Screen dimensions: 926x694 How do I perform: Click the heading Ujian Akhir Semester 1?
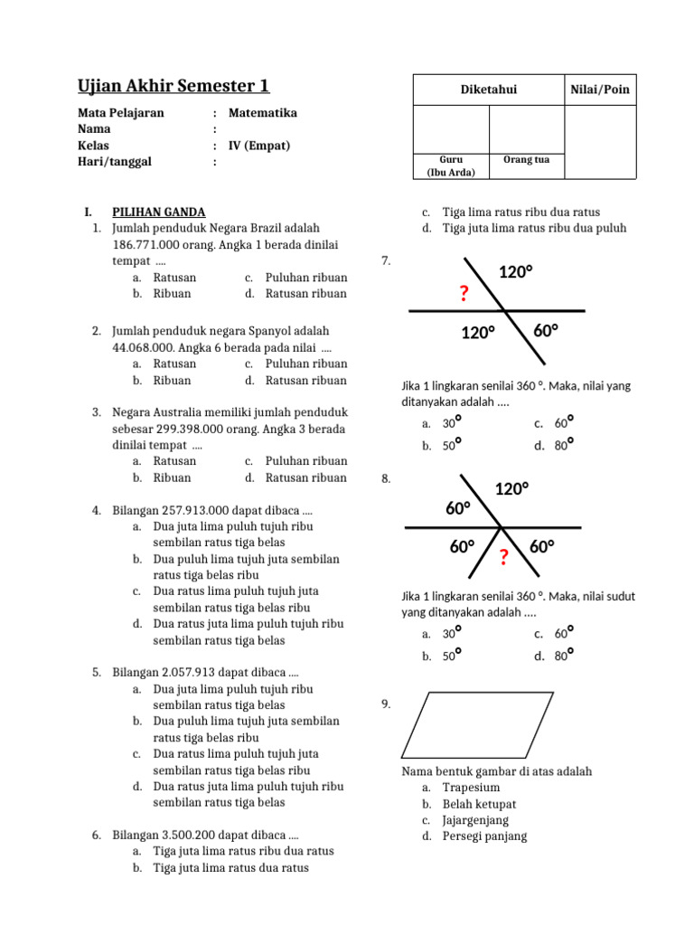point(173,86)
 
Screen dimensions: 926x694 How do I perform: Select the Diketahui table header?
point(489,90)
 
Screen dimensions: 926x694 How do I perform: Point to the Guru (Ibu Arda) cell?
point(450,165)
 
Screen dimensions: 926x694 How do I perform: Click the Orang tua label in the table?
point(526,160)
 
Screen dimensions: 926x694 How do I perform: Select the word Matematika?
point(262,113)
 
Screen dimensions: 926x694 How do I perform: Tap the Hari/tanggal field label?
point(114,162)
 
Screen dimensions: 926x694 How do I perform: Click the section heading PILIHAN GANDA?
point(158,212)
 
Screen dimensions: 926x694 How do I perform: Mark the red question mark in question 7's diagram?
point(464,294)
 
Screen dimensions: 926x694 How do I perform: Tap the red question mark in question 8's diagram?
point(503,557)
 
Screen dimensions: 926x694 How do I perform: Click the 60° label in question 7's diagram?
point(545,331)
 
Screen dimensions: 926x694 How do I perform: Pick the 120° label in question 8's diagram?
point(511,489)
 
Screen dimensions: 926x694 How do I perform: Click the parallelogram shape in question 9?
point(476,725)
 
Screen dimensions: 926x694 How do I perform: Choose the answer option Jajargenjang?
point(475,820)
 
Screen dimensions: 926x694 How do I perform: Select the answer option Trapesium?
point(471,788)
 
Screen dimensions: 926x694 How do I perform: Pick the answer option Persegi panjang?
point(484,836)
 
